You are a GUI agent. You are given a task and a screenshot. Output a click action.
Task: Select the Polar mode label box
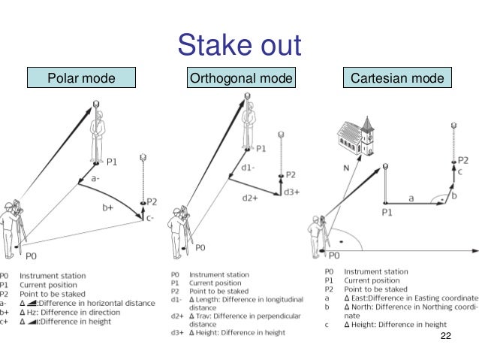[x=80, y=78]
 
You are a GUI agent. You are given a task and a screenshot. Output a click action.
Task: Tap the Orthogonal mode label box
[x=240, y=78]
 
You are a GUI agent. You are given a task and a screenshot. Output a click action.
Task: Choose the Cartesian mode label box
[x=396, y=78]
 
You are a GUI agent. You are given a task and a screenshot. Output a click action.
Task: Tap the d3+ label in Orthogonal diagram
[x=292, y=192]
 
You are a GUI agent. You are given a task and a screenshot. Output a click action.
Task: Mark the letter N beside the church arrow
[x=345, y=168]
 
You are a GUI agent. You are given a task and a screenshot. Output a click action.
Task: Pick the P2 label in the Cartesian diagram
[x=463, y=160]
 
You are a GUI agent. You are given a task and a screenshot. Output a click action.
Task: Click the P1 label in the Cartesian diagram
[x=387, y=213]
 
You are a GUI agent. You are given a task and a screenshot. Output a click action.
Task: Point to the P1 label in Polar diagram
[x=112, y=161]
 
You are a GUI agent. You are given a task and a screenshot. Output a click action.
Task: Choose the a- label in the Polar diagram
[x=95, y=180]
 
